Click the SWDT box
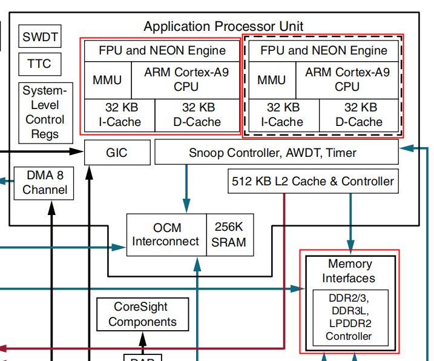[x=40, y=37]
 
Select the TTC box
[x=39, y=64]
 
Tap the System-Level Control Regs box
[x=41, y=112]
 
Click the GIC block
[x=116, y=153]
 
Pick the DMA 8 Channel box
[x=44, y=183]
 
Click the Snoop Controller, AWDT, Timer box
[x=277, y=153]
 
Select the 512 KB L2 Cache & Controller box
[x=312, y=181]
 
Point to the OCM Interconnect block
[x=166, y=234]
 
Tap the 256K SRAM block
[x=230, y=234]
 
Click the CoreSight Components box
[x=142, y=314]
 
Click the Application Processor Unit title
[x=223, y=26]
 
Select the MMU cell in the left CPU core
[x=107, y=79]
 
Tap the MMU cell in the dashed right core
[x=271, y=79]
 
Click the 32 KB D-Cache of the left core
[x=198, y=114]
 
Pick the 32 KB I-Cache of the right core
[x=283, y=114]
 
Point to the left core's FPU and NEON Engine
[x=162, y=50]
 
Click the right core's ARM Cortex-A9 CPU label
[x=347, y=79]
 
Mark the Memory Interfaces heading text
[x=349, y=271]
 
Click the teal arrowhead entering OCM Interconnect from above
[x=186, y=209]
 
